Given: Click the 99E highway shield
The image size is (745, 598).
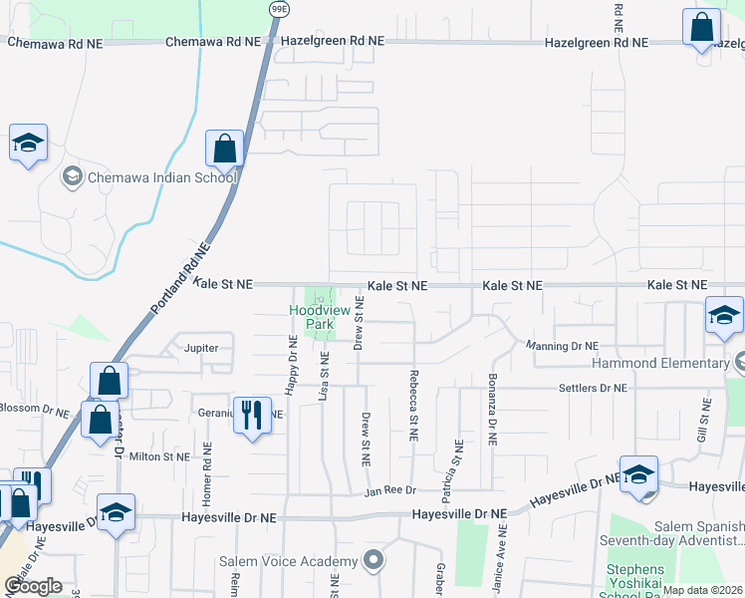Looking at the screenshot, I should (280, 8).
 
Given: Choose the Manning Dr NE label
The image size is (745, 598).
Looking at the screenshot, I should (562, 346).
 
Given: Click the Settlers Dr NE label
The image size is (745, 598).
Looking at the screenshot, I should (593, 388).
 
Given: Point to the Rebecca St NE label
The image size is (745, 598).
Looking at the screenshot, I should (411, 406).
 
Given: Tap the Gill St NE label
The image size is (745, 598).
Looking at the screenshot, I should (703, 423).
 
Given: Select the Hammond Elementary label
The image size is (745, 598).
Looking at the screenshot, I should (661, 363).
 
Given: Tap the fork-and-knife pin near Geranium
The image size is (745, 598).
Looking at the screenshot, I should (252, 415).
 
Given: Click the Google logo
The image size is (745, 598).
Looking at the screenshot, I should (33, 585).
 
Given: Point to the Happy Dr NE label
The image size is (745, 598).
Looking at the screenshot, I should (293, 366).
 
